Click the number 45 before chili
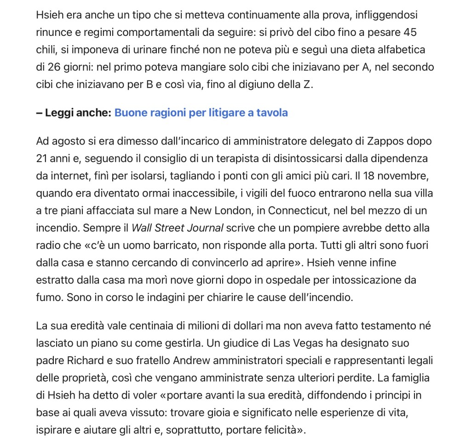(x=410, y=32)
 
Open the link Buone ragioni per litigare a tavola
(x=201, y=113)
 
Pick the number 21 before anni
(x=43, y=158)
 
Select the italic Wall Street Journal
(x=178, y=228)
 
